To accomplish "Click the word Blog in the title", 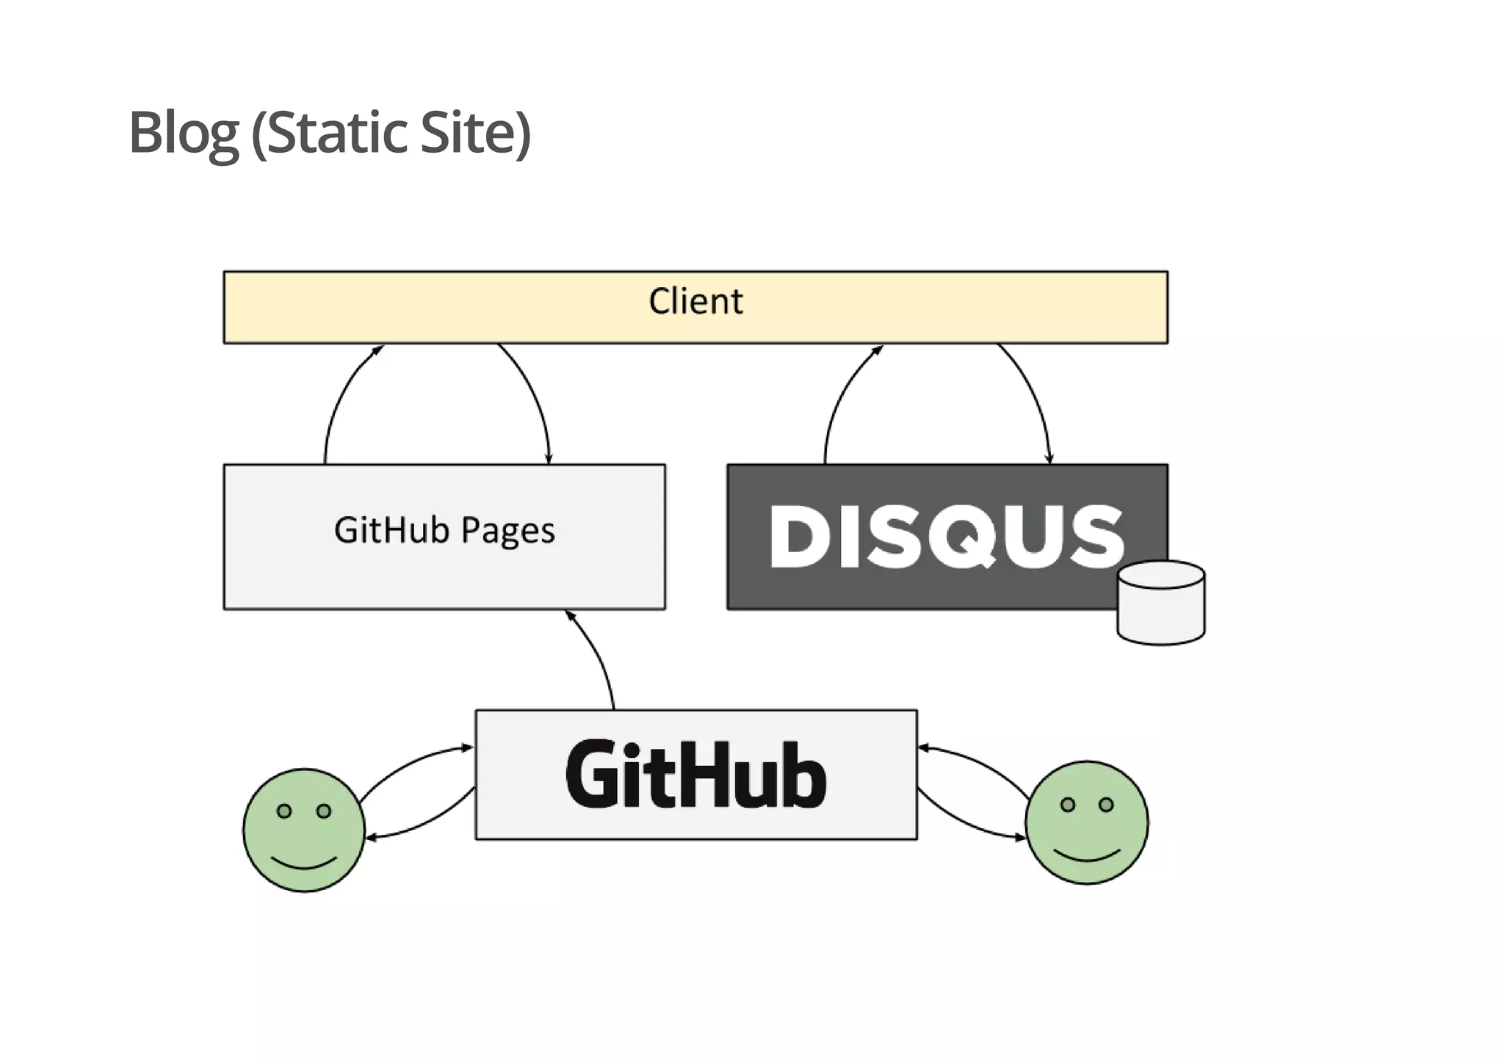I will tap(184, 134).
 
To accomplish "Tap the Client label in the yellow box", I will tap(695, 301).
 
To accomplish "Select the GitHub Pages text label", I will tap(444, 530).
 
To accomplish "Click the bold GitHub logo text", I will tap(695, 775).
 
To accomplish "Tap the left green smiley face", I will tap(304, 830).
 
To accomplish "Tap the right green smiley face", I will tap(1087, 822).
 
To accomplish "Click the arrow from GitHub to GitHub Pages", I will tap(599, 657).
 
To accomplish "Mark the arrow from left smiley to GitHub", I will tap(411, 764).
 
